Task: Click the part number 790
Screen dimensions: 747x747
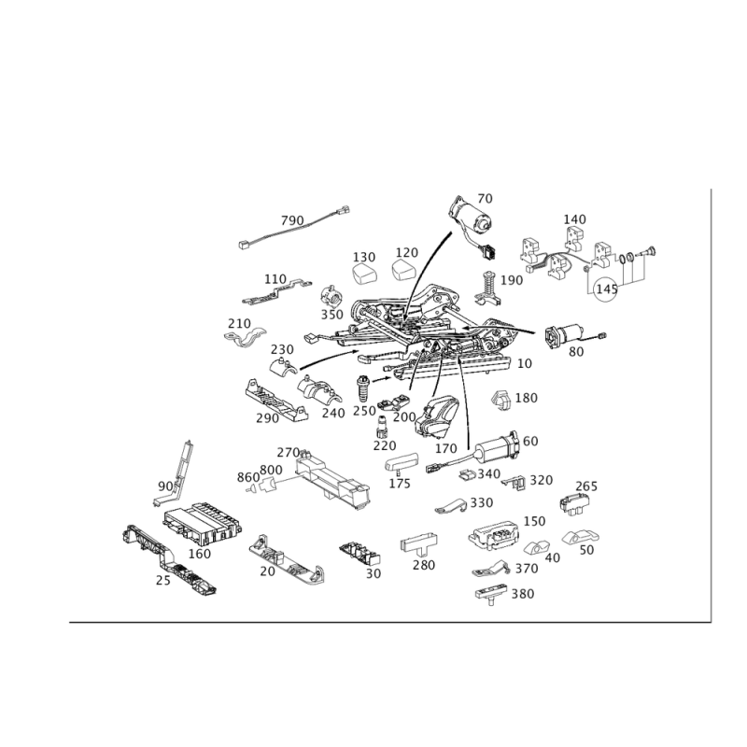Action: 293,219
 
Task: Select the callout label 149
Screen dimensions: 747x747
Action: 575,220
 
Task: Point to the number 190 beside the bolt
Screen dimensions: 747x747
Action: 512,280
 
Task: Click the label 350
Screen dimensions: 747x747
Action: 331,315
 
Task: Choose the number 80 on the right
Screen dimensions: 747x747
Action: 575,352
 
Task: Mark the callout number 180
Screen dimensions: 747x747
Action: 528,398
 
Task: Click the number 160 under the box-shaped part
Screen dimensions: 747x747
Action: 199,553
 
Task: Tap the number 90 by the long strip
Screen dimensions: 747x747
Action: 165,486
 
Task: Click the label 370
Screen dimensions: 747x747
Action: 528,569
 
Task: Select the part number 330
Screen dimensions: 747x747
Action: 481,503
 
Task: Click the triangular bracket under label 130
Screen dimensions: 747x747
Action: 362,273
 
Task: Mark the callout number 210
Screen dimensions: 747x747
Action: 240,322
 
